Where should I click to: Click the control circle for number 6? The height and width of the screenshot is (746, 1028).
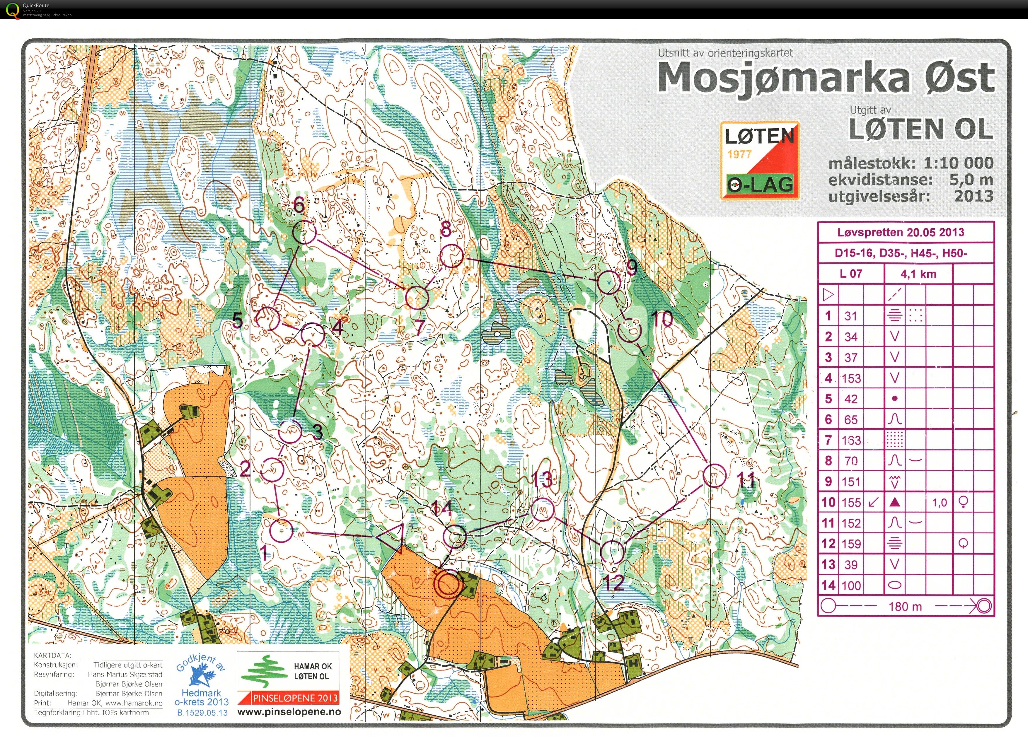coord(304,233)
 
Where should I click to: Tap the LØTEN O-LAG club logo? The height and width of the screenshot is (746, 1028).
coord(760,161)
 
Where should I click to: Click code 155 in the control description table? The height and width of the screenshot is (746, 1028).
coord(851,502)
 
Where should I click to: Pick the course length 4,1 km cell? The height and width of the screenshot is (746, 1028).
coord(918,274)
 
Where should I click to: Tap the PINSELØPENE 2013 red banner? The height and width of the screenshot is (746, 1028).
coord(288,697)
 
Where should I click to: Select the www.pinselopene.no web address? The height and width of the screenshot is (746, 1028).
coord(289,711)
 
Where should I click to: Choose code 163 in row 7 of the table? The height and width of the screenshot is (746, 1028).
coord(851,440)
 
